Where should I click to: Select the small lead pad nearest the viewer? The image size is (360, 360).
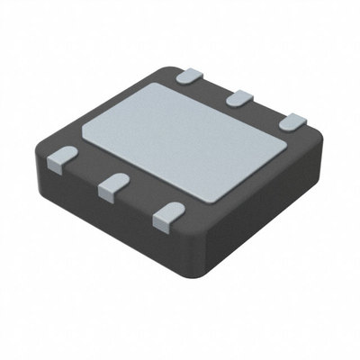tap(166, 214)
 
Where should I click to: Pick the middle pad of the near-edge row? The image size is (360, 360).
tap(112, 185)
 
